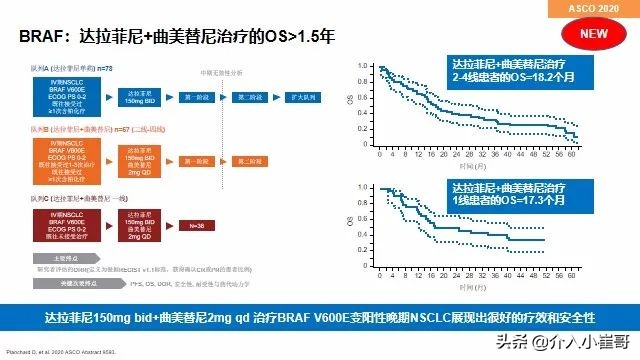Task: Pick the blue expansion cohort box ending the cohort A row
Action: coord(306,98)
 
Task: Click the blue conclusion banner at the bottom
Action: coord(320,316)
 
